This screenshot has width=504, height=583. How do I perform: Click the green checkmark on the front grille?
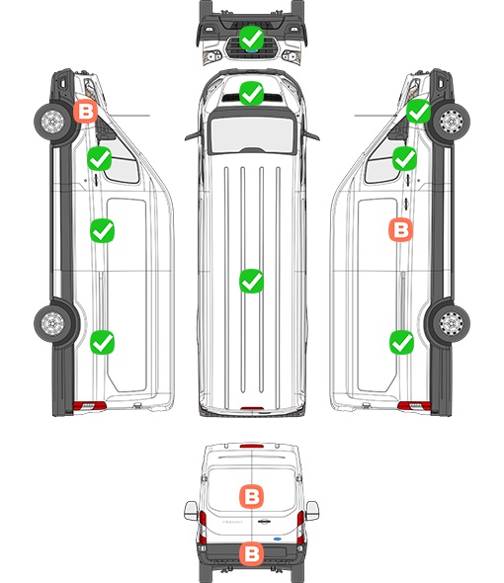(x=251, y=38)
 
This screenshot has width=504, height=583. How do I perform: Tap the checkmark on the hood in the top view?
(x=251, y=93)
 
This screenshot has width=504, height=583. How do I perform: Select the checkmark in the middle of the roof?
(x=251, y=281)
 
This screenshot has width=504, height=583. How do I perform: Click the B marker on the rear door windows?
(x=251, y=496)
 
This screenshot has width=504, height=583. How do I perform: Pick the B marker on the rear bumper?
(x=251, y=554)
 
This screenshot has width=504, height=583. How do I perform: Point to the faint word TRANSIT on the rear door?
(x=232, y=522)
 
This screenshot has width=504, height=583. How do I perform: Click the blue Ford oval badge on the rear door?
(x=278, y=539)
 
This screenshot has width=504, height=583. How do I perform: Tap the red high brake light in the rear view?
(x=252, y=446)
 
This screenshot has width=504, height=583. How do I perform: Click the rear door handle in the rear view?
(x=264, y=522)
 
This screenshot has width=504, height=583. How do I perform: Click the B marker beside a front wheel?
(x=85, y=111)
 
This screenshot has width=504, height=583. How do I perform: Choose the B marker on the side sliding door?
(x=400, y=229)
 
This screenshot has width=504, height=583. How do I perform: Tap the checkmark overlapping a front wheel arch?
(x=418, y=112)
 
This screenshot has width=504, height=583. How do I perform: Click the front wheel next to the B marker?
(x=52, y=122)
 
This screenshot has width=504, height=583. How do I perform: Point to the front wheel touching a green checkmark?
(x=451, y=122)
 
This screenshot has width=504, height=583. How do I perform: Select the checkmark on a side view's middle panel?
(x=103, y=231)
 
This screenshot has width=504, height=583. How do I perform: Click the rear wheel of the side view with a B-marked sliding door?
(x=451, y=323)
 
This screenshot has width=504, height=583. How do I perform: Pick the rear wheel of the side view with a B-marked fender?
(x=52, y=323)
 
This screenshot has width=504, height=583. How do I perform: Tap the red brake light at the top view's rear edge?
(x=252, y=409)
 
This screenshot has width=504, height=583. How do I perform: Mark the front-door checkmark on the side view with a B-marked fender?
(x=99, y=159)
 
